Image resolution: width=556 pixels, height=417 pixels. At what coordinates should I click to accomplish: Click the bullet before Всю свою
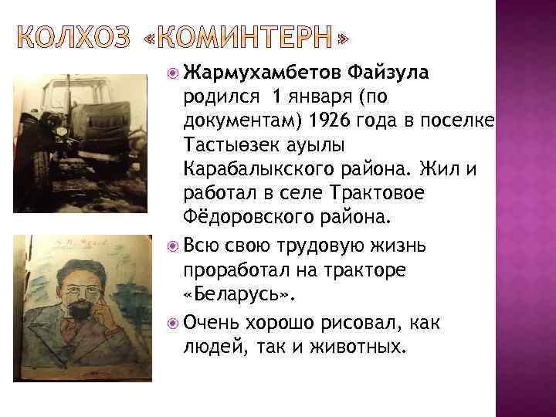coord(173,247)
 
